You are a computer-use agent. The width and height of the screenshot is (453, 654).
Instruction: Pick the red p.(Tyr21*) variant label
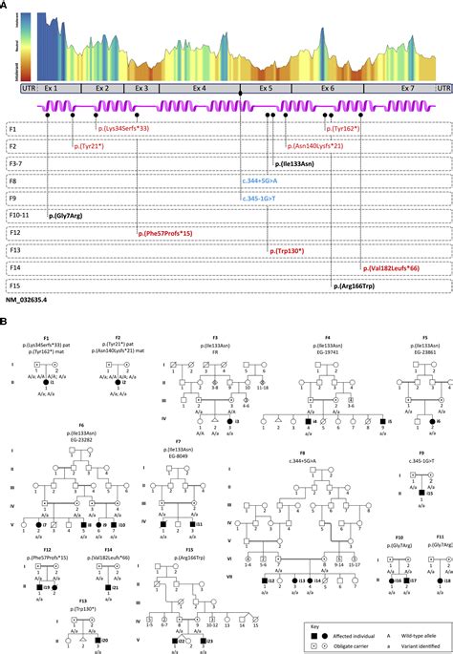click(94, 146)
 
